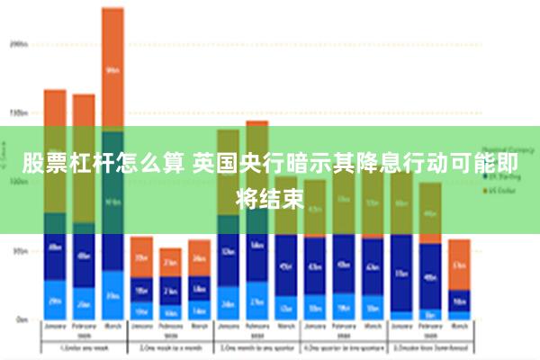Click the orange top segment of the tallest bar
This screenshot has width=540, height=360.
point(112,68)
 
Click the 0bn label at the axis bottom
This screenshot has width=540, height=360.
point(20,319)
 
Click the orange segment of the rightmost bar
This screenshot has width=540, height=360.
point(459,265)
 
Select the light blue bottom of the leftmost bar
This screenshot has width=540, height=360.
point(55,301)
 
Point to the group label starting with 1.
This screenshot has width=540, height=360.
point(83,347)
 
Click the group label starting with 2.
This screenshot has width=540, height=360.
point(170,347)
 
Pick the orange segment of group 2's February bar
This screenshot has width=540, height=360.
point(170,262)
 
